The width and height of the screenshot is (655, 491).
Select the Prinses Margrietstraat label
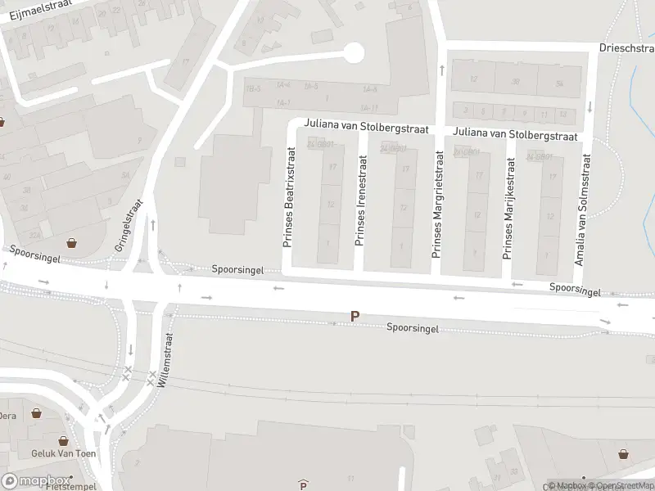[x=437, y=205]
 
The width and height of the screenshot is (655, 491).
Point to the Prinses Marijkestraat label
[x=508, y=205]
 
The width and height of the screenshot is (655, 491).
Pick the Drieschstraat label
[x=626, y=48]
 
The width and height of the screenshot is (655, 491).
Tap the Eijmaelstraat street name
[x=37, y=9]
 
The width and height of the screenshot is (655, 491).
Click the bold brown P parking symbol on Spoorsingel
[x=355, y=316]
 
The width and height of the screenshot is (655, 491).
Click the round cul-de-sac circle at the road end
[x=353, y=53]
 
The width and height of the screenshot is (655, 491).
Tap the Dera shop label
[x=7, y=416]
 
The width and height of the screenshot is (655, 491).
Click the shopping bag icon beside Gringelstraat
[x=73, y=242]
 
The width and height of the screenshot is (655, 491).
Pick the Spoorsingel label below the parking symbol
[x=413, y=328]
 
